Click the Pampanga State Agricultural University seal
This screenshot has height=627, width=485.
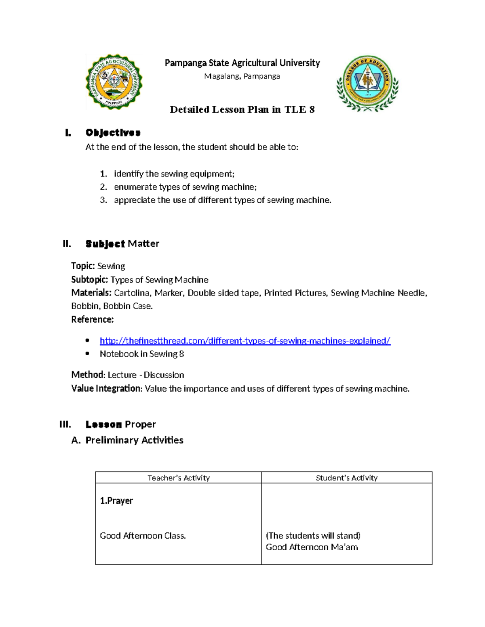click(x=114, y=82)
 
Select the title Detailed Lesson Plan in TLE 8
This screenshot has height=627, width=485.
click(x=242, y=110)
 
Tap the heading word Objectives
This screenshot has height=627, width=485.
click(x=113, y=133)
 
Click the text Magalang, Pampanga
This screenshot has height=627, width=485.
click(x=242, y=76)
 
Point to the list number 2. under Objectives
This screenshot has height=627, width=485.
click(x=103, y=187)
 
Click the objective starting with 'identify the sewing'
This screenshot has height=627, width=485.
click(x=174, y=174)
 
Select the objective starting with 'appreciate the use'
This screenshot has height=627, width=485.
click(x=222, y=200)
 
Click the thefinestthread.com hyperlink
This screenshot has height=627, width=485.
click(x=245, y=341)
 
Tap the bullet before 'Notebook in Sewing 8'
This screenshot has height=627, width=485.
click(x=87, y=354)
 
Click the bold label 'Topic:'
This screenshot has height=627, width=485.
click(x=83, y=266)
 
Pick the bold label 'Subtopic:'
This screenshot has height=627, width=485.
click(x=89, y=280)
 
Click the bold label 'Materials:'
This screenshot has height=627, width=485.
click(x=91, y=293)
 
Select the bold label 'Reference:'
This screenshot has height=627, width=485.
click(x=92, y=320)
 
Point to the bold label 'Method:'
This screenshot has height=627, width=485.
click(x=88, y=375)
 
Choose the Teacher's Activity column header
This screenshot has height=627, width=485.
click(x=179, y=478)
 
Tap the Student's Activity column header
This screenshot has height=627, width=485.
click(x=346, y=478)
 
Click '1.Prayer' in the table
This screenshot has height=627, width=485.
click(x=116, y=501)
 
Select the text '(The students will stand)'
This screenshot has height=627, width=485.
click(x=313, y=536)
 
